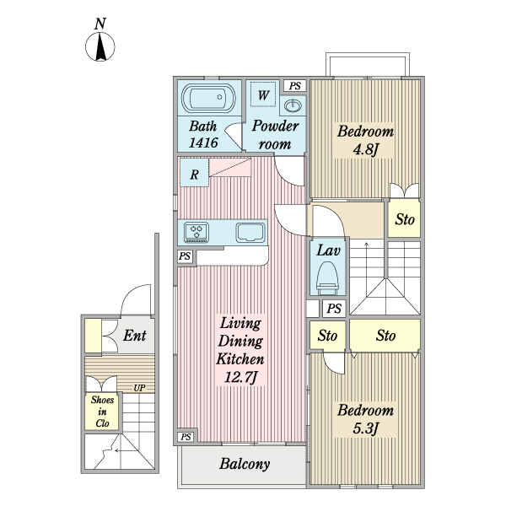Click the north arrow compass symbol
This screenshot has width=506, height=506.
click(100, 46)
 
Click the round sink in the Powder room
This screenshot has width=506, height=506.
click(293, 106)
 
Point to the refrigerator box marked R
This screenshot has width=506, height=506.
click(194, 175)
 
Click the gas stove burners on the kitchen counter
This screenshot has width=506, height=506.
click(198, 231)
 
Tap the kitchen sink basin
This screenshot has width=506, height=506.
click(250, 231)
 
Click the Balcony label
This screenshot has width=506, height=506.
click(245, 464)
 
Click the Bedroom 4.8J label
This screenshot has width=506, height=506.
click(365, 140)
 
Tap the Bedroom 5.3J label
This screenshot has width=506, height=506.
click(365, 419)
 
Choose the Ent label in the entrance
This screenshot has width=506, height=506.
click(135, 336)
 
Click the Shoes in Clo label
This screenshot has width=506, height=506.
click(103, 412)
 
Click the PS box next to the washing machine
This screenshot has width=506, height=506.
click(293, 86)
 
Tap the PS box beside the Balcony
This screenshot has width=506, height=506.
click(185, 436)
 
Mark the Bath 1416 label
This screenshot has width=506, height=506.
click(203, 135)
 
